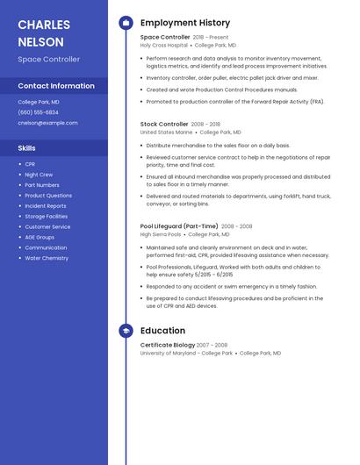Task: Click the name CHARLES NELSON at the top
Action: tap(40, 33)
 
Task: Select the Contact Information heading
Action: tap(56, 86)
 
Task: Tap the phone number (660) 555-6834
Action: tap(38, 112)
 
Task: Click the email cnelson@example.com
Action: tap(47, 123)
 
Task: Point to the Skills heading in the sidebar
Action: tap(26, 148)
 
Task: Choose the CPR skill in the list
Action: tap(30, 164)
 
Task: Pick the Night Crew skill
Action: tap(39, 175)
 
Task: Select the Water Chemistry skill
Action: tap(47, 258)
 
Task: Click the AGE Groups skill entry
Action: tap(40, 237)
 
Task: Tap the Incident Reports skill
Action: tap(46, 206)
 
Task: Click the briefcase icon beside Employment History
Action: tap(126, 23)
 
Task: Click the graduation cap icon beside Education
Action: tap(126, 331)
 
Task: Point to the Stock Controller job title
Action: tap(164, 125)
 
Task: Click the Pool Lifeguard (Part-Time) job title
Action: tap(179, 226)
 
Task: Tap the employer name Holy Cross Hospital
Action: tap(164, 45)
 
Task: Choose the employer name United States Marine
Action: tap(166, 132)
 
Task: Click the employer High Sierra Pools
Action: tap(161, 234)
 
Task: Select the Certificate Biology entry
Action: tap(168, 345)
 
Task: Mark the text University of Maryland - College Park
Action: tap(186, 353)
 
